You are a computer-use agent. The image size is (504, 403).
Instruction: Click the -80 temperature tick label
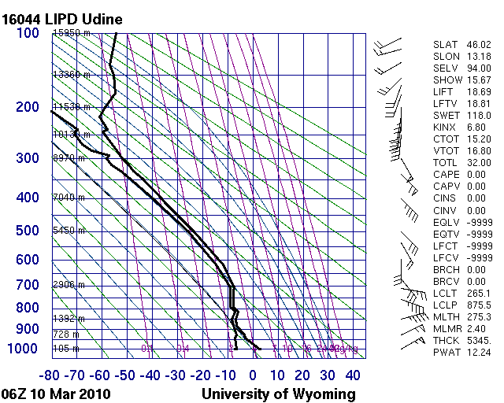click(50, 375)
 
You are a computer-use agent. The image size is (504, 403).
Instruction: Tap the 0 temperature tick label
click(253, 375)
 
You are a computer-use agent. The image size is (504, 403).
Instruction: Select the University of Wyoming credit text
click(279, 394)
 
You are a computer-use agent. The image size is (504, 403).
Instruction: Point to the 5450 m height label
click(68, 231)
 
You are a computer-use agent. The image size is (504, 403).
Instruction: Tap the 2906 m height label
click(68, 285)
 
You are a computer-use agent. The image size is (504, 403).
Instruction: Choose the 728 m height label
click(65, 335)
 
